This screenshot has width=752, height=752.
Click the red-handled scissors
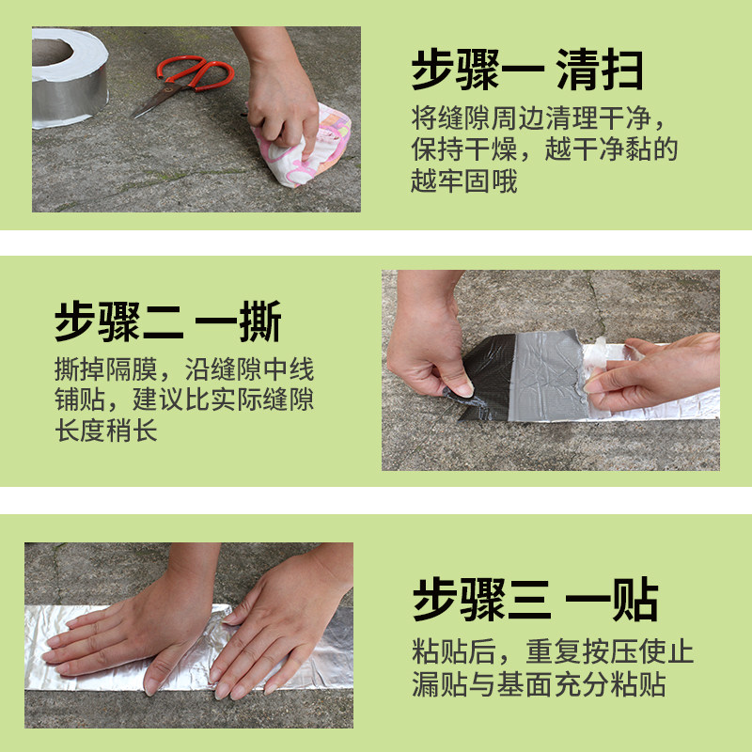192,79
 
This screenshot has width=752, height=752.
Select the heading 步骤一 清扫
527,70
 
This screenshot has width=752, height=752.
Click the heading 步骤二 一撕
168,321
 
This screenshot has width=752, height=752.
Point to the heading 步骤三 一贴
535,599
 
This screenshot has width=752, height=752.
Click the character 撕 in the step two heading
260,321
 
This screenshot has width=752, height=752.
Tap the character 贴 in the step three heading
635,599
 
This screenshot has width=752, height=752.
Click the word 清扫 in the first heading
600,70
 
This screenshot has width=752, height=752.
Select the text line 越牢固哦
464,180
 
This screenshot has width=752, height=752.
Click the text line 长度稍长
106,430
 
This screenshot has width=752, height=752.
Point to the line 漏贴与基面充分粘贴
539,683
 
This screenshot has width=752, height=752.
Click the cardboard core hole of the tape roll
52,52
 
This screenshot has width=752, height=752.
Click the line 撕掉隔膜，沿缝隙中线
184,369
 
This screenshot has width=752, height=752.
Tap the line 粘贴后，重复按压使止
553,651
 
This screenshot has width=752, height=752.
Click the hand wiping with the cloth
280,96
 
